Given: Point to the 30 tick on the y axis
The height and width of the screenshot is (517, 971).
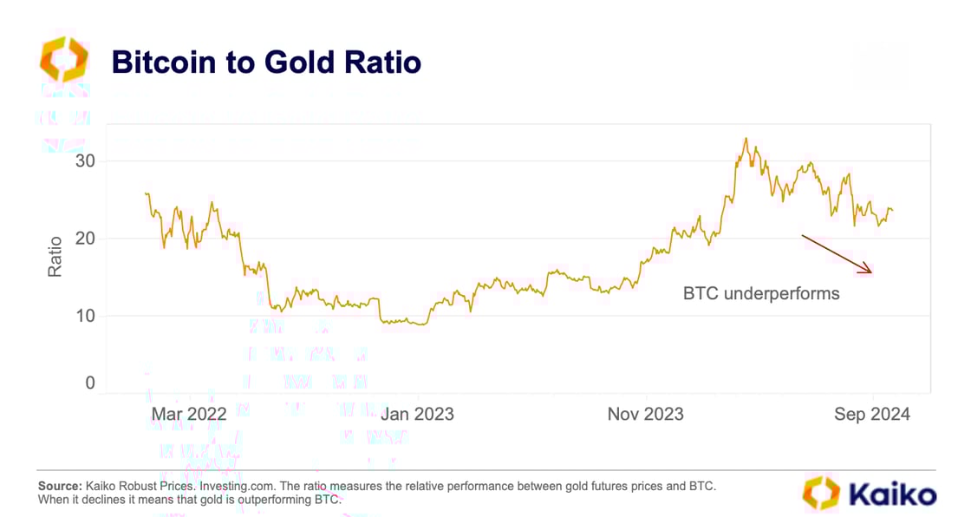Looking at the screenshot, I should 84,161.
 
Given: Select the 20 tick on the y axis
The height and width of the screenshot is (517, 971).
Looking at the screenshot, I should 84,239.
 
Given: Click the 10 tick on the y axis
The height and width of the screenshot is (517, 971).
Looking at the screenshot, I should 84,316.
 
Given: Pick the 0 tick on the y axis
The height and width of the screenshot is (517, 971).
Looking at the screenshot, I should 89,383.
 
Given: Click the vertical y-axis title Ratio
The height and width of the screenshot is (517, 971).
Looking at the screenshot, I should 55,257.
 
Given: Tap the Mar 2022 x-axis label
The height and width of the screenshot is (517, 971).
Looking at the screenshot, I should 188,414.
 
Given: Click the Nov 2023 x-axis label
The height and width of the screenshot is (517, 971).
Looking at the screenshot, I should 645,414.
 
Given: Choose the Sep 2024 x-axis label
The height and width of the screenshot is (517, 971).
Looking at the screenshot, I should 872,414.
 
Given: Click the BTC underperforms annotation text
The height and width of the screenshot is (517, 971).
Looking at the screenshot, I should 760,293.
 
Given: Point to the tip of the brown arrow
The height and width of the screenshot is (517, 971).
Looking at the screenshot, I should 870,272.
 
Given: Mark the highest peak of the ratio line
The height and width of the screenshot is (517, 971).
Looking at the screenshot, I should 746,138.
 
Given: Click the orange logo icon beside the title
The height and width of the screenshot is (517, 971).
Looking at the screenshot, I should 63,60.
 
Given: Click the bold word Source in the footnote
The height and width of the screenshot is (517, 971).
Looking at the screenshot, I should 59,486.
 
